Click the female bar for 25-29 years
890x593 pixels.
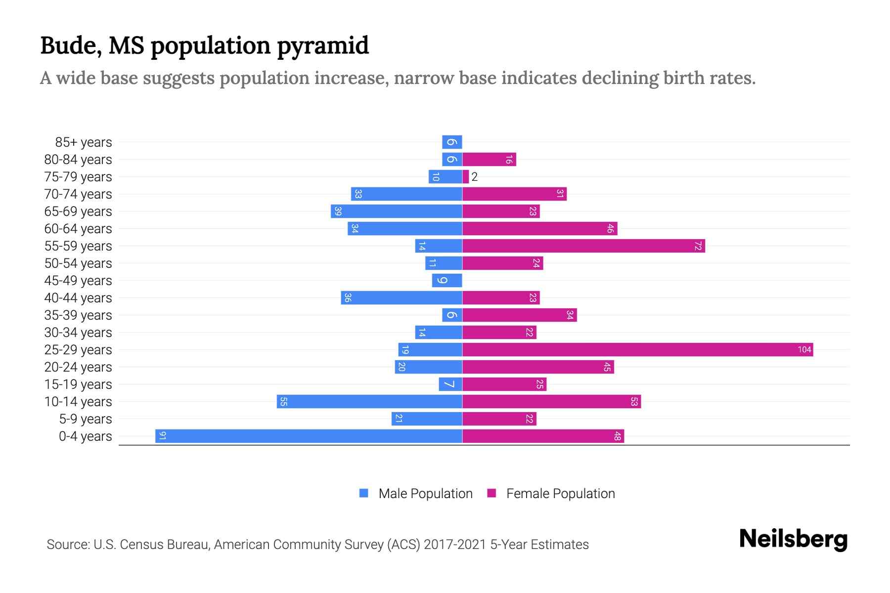pos(638,350)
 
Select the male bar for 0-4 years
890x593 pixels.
pos(309,436)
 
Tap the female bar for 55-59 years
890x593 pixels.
pos(583,246)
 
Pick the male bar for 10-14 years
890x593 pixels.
pos(369,402)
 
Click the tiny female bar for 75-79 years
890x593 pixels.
pos(466,177)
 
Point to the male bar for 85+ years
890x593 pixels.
pos(452,142)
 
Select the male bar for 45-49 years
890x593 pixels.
pos(447,281)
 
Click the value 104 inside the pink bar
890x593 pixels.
pos(804,350)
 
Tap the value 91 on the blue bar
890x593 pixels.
pos(162,436)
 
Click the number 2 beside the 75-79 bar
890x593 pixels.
pos(475,177)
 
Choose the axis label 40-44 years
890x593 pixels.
pos(78,298)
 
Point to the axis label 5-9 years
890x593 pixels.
pos(86,419)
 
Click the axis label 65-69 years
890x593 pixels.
pos(78,212)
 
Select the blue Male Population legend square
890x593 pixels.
pos(364,493)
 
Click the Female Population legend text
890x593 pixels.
pos(560,494)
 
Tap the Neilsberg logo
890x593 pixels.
pos(793,539)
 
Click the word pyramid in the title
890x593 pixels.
pos(323,45)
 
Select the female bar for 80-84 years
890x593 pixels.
pos(489,160)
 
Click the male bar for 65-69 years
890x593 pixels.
pos(397,212)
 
